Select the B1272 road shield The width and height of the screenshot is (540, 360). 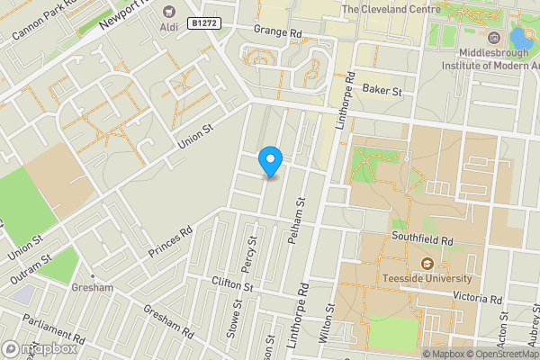click(205, 22)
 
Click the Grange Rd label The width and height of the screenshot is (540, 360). click(277, 31)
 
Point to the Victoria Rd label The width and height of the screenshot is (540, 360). click(478, 298)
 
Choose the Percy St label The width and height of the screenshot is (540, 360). click(253, 254)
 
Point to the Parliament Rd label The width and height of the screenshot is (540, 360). click(56, 329)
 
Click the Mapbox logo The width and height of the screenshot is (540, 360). click(40, 348)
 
